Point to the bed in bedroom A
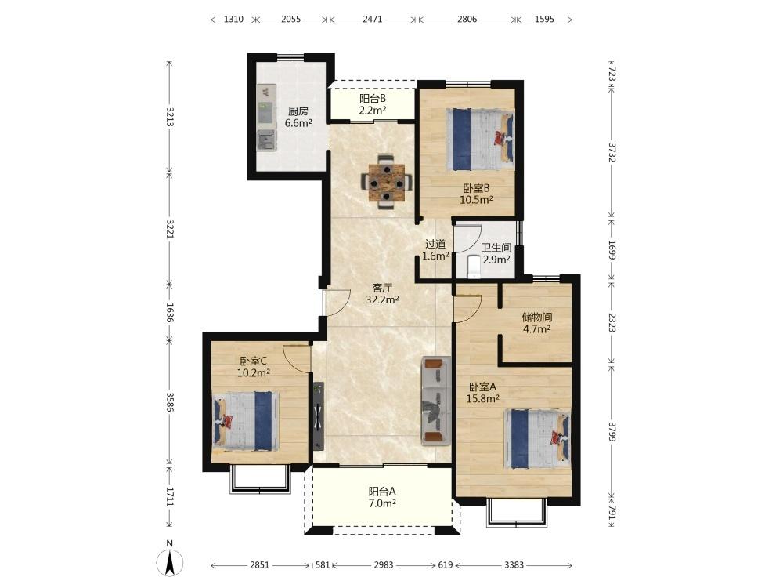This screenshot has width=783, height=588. [x=537, y=439]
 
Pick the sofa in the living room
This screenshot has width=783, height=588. [x=436, y=400]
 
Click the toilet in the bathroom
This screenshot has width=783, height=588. [x=472, y=266]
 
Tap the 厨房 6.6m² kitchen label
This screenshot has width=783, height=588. [x=298, y=117]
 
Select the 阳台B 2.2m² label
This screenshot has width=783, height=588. [x=373, y=104]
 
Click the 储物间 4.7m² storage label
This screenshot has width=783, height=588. [x=537, y=323]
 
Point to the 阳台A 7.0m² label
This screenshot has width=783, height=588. [x=382, y=498]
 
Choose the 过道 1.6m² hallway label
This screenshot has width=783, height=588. [x=435, y=250]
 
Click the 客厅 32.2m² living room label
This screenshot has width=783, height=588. [x=382, y=294]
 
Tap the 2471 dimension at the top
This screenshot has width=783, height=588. [x=373, y=20]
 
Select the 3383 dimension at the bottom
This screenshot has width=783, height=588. [x=514, y=565]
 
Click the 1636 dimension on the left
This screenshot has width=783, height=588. [x=170, y=312]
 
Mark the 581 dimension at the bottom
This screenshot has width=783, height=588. [x=323, y=565]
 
